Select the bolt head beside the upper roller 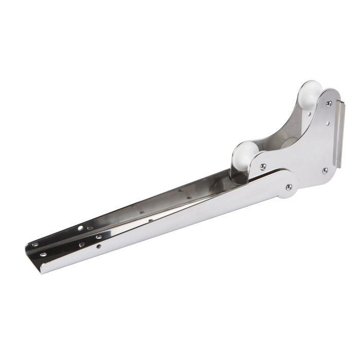pyautogui.click(x=329, y=103)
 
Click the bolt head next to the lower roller pyautogui.click(x=263, y=166)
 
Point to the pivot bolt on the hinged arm pyautogui.click(x=289, y=187)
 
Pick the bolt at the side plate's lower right pyautogui.click(x=325, y=170)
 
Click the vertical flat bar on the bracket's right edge pyautogui.click(x=337, y=134)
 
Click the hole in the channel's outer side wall pyautogui.click(x=98, y=246)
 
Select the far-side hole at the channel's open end pyautogui.click(x=34, y=245)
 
